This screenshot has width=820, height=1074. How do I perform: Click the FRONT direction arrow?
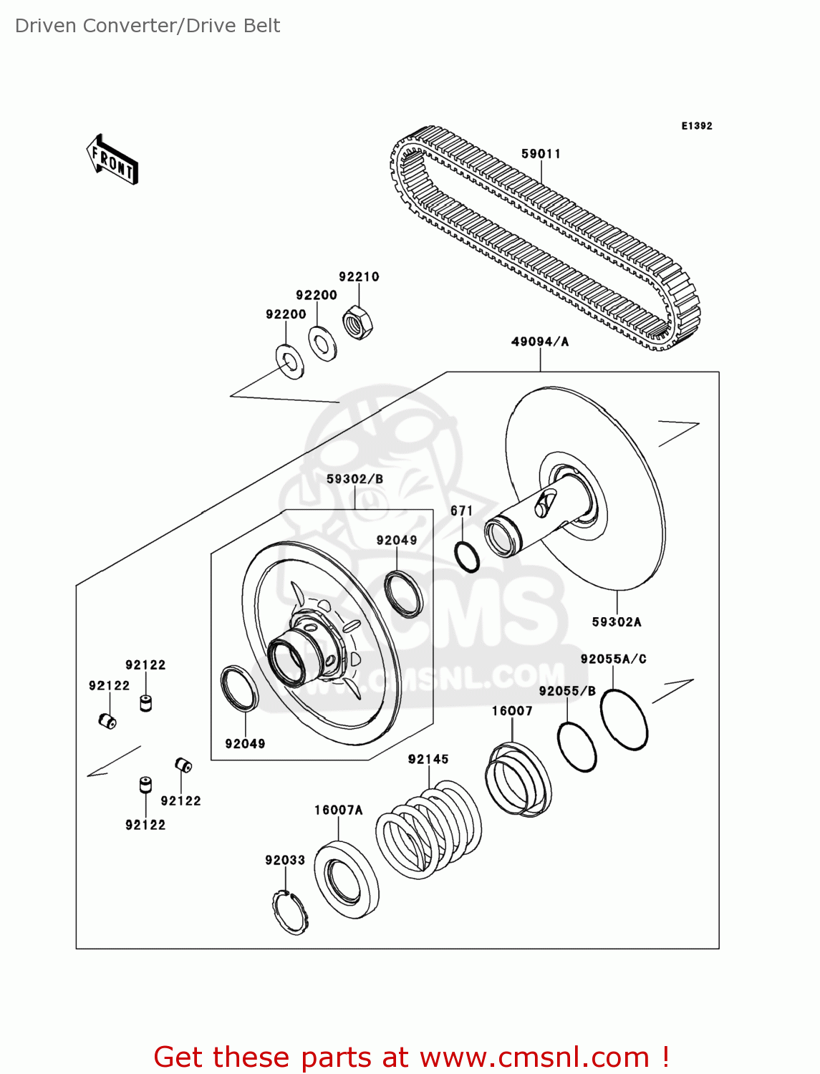112,160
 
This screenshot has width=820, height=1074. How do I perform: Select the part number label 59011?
541,154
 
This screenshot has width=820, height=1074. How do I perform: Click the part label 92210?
359,277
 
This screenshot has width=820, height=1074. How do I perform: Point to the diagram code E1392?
696,126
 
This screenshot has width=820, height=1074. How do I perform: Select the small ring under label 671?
467,557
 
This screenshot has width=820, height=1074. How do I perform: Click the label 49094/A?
540,342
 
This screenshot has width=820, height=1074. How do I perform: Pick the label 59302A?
617,622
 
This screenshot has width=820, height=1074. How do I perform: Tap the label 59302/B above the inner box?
354,479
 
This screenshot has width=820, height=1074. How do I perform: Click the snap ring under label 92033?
290,912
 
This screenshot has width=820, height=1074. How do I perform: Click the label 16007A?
338,811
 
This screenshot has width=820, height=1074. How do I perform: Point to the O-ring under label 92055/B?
577,747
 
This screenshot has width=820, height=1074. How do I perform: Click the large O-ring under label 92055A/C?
624,719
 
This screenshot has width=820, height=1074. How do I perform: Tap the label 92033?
285,860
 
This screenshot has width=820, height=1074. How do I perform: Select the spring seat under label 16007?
518,780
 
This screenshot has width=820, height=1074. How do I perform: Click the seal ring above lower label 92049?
238,687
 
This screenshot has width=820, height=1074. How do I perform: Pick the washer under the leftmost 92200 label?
289,362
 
